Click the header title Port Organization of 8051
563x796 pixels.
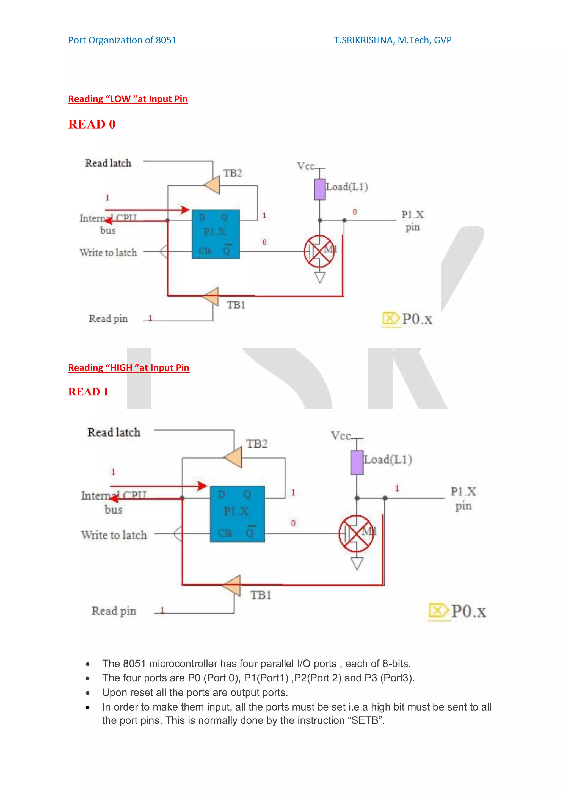pyautogui.click(x=122, y=40)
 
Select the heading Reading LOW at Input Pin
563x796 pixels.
pyautogui.click(x=128, y=99)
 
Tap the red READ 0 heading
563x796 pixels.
pyautogui.click(x=92, y=124)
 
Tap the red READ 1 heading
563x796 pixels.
pyautogui.click(x=88, y=392)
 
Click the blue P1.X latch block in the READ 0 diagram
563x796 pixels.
pyautogui.click(x=216, y=234)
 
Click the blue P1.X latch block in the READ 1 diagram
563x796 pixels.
pyautogui.click(x=237, y=514)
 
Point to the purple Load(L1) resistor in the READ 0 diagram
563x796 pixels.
pyautogui.click(x=319, y=189)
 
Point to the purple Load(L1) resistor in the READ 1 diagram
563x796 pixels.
pyautogui.click(x=357, y=462)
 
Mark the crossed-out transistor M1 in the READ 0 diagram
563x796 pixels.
pyautogui.click(x=319, y=251)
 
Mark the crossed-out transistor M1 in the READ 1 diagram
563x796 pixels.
pyautogui.click(x=356, y=534)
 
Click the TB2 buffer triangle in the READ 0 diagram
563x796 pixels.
pyautogui.click(x=212, y=185)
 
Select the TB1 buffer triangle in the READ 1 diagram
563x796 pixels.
pyautogui.click(x=232, y=585)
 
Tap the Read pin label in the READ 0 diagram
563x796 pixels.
pyautogui.click(x=108, y=319)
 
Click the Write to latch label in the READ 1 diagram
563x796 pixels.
pyautogui.click(x=114, y=535)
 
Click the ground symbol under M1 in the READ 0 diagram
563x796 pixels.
pyautogui.click(x=319, y=277)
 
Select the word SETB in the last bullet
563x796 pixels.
pyautogui.click(x=366, y=720)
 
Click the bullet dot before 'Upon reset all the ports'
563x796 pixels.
pyautogui.click(x=88, y=693)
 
